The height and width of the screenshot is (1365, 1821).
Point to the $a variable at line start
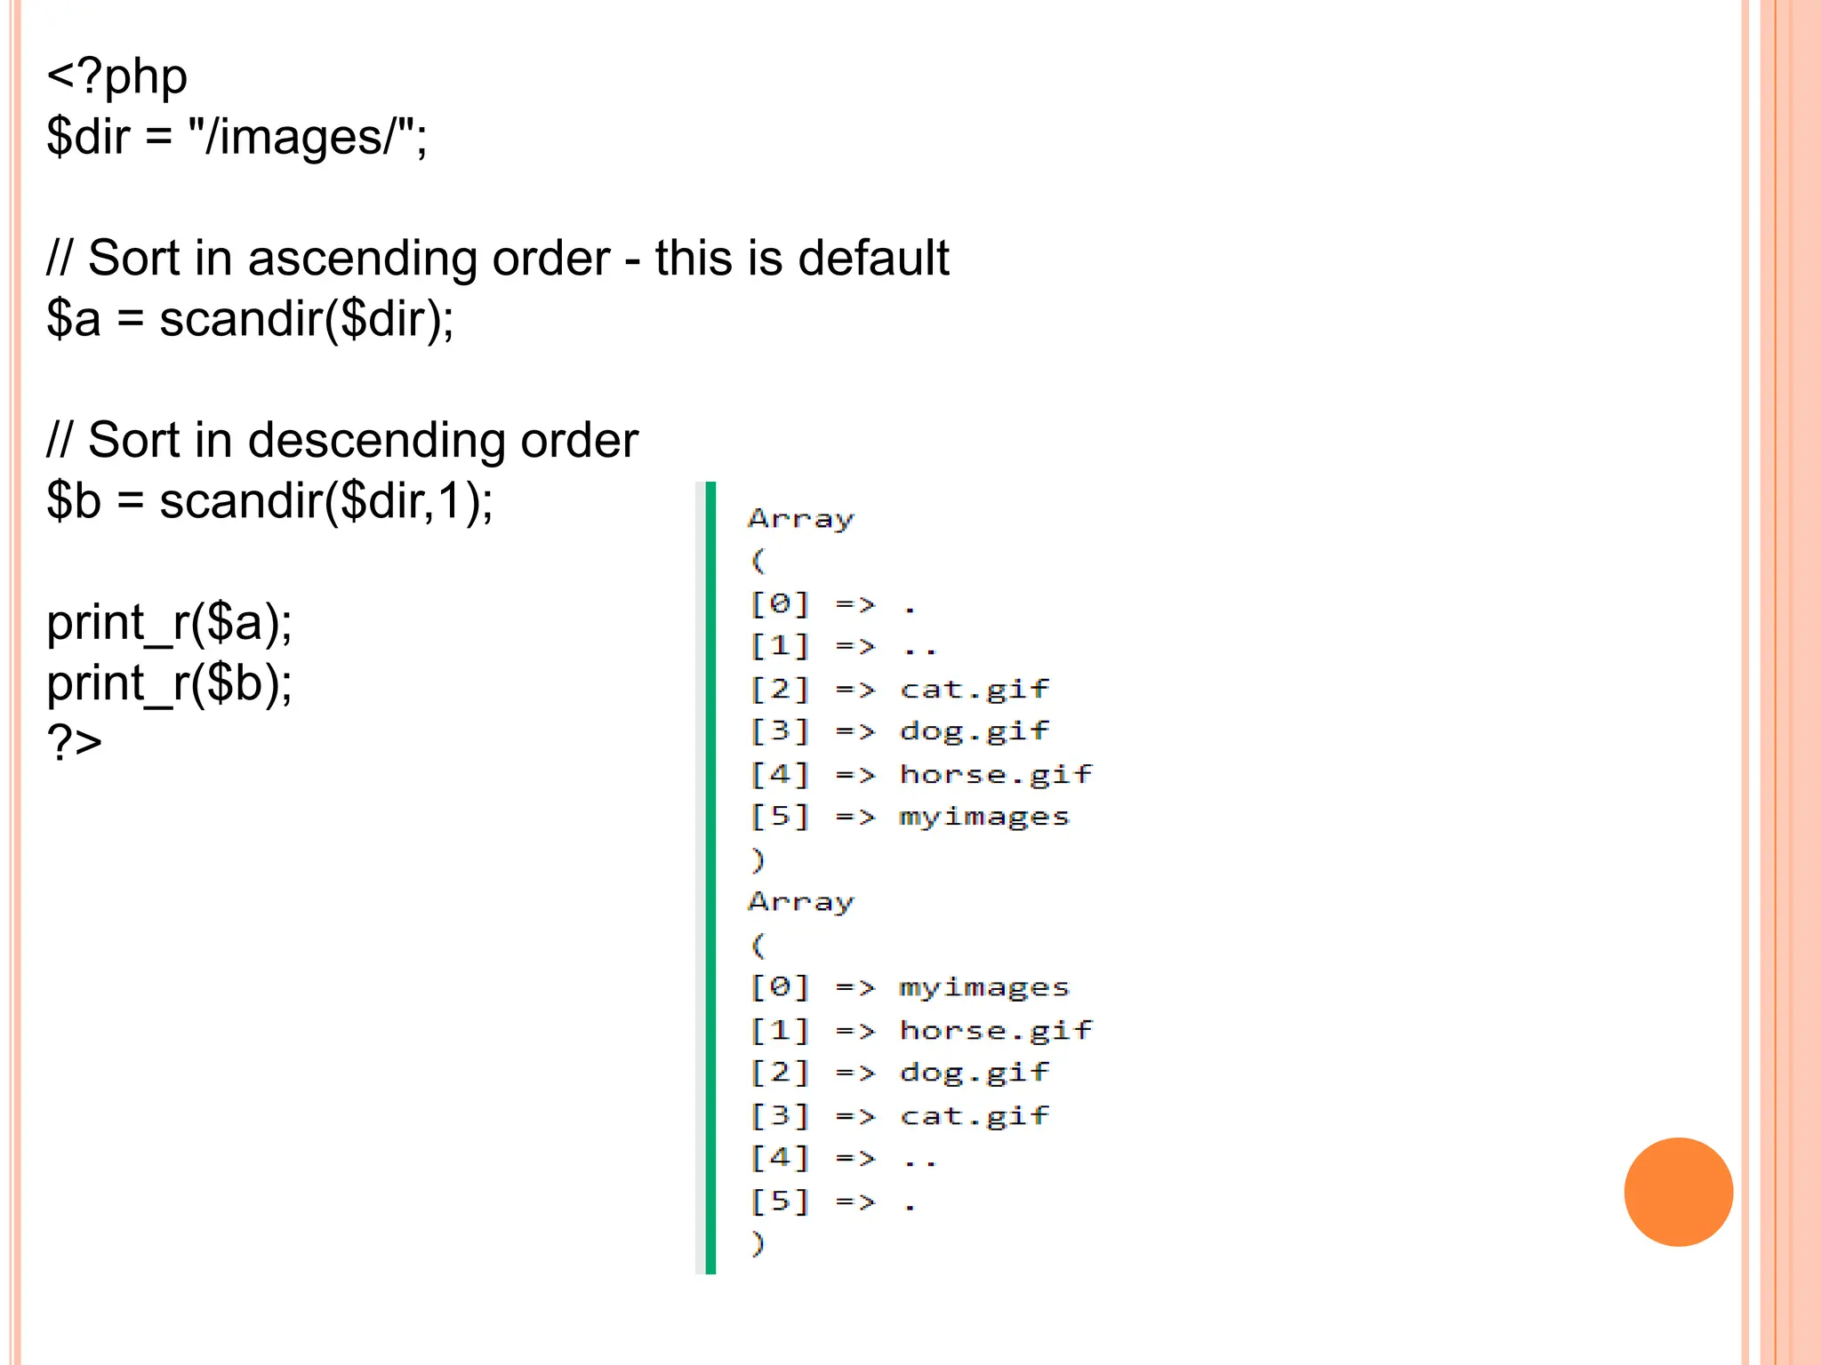tap(73, 319)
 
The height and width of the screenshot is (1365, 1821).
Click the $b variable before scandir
tap(73, 500)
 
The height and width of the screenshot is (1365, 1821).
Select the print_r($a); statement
tap(169, 622)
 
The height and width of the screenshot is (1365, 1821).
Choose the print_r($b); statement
tap(169, 683)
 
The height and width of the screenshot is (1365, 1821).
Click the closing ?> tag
tap(74, 743)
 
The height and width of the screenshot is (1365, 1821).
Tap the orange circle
tap(1678, 1192)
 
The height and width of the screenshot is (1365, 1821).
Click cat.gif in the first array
tap(974, 689)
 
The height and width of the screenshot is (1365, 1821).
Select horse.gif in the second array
tap(995, 1030)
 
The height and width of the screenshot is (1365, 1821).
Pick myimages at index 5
tap(983, 817)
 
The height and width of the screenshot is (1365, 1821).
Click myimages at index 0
tap(983, 987)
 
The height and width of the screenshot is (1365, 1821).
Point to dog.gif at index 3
tap(974, 731)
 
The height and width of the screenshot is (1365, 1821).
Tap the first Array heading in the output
tap(800, 518)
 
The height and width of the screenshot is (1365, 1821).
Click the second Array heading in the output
tap(800, 902)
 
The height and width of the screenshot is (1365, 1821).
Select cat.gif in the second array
tap(974, 1115)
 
